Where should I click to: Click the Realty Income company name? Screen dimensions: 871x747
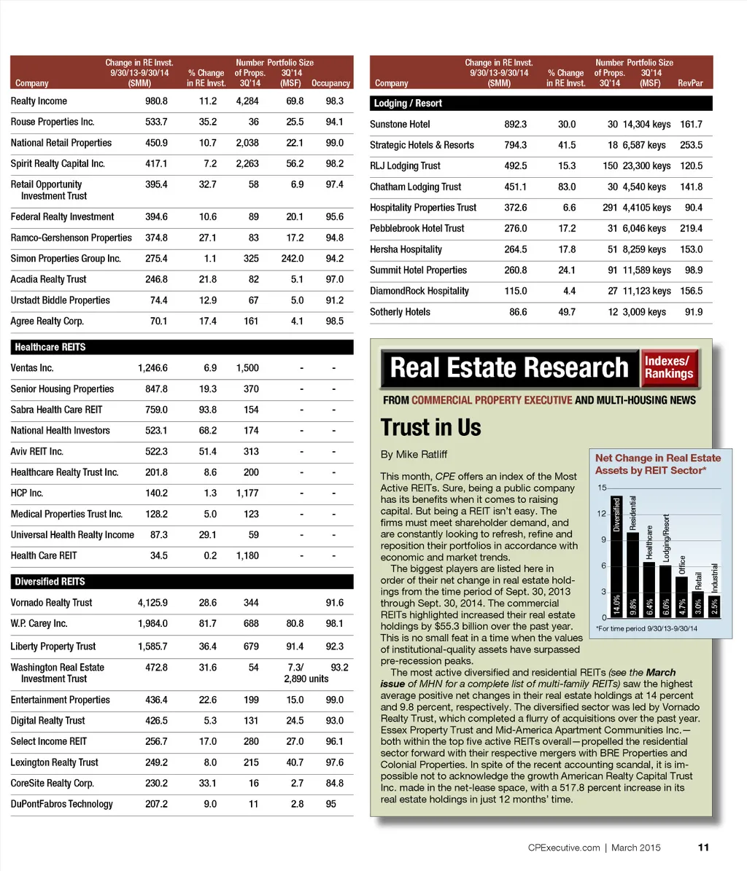pos(39,101)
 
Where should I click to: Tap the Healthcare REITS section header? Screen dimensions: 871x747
pos(50,348)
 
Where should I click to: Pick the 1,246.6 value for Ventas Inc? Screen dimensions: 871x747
pos(152,368)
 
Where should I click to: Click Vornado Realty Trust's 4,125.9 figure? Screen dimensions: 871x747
pos(152,603)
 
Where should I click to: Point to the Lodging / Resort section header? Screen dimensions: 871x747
pos(408,103)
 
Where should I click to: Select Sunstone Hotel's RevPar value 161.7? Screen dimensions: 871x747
pos(690,125)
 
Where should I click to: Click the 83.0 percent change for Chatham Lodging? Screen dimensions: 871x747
pos(566,187)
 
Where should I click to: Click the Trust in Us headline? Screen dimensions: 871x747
pos(430,427)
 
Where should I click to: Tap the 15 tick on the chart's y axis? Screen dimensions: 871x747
pos(602,488)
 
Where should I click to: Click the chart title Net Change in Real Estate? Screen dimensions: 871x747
pos(657,458)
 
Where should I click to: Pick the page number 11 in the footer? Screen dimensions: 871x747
pos(703,847)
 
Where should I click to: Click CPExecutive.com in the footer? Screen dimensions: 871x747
pos(563,848)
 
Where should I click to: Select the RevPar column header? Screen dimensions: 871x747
pos(690,83)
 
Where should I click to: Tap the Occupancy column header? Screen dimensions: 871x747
pos(330,83)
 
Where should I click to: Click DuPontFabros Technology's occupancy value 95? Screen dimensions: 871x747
pos(331,805)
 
